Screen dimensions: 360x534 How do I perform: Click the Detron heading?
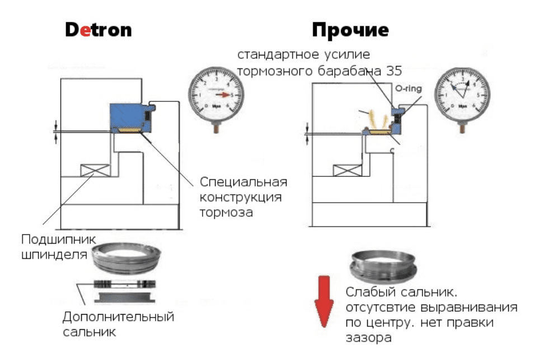coord(99,30)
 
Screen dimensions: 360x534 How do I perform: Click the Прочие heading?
coord(350,30)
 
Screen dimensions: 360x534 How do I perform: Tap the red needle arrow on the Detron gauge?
coord(223,95)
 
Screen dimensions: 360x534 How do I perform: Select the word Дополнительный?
coord(118,317)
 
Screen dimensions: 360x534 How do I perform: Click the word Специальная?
coord(243,183)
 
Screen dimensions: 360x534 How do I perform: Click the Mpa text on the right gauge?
coord(463,106)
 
